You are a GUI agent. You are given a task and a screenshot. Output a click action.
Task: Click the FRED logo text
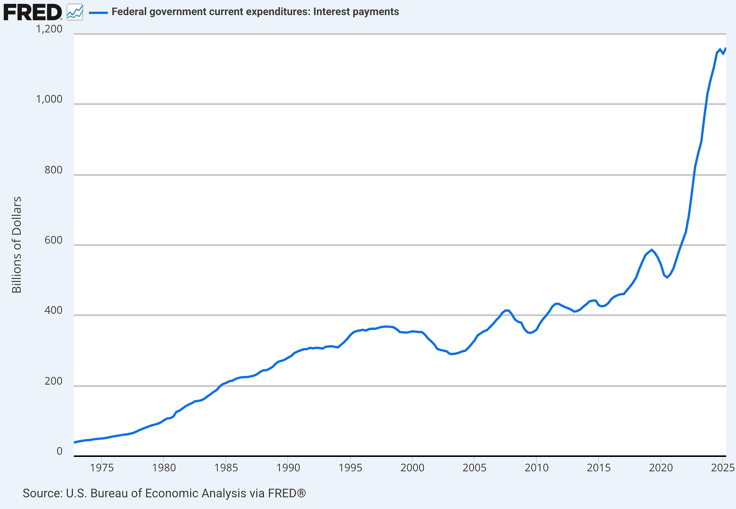click(x=32, y=12)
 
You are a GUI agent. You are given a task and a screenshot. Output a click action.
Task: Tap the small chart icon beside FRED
click(x=75, y=12)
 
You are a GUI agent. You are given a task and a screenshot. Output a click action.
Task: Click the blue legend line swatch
click(x=99, y=12)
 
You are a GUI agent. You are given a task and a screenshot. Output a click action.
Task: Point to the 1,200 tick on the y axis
click(x=49, y=29)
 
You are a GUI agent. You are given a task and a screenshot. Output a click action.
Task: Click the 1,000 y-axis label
click(x=49, y=99)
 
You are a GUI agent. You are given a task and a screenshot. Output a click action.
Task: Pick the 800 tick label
click(x=54, y=170)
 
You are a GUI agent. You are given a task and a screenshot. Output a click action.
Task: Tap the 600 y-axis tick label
click(x=54, y=240)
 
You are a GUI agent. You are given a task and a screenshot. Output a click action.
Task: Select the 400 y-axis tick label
click(x=54, y=310)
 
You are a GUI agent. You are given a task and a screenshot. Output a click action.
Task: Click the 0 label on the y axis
click(x=60, y=451)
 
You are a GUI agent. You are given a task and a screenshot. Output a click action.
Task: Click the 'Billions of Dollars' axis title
click(x=17, y=245)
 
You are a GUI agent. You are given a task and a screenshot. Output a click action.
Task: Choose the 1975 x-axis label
click(x=102, y=468)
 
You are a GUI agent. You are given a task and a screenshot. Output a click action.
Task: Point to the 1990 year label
click(x=288, y=468)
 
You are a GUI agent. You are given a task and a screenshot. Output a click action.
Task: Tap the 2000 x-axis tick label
click(x=412, y=468)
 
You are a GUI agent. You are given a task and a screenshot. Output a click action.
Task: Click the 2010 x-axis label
click(x=536, y=468)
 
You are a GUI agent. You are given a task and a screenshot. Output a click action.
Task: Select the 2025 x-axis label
click(x=722, y=468)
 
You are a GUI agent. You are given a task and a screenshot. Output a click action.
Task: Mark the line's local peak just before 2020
click(x=652, y=250)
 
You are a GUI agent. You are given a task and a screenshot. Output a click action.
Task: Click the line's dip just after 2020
click(x=667, y=277)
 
